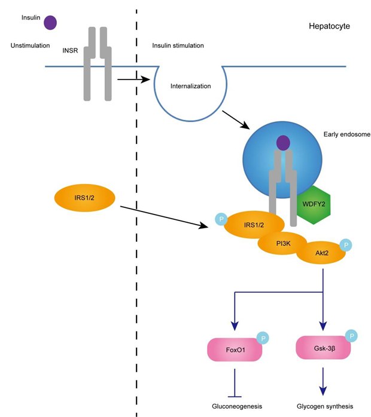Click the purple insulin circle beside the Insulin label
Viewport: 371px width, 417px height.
50,23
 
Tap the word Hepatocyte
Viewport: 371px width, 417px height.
329,27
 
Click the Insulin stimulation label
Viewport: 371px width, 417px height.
178,46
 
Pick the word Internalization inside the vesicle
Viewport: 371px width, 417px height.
191,86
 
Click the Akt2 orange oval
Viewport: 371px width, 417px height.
324,253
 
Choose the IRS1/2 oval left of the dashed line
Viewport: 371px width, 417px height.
84,198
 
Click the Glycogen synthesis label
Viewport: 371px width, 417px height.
324,405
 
